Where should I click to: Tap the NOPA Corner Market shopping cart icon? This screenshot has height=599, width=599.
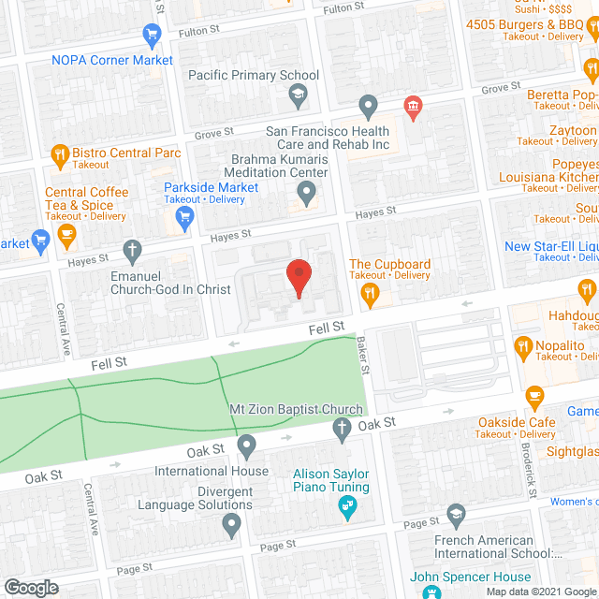point(152,37)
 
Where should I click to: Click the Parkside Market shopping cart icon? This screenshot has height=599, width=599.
point(185,219)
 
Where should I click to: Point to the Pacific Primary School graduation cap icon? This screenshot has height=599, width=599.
point(298,93)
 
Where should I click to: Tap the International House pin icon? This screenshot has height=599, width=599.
point(246,444)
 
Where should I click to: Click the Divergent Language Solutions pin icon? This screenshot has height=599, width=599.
point(232,526)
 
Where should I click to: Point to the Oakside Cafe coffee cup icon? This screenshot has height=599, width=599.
point(536,397)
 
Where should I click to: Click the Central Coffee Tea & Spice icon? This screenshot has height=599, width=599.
point(66,237)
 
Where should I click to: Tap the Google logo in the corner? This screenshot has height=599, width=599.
point(30,587)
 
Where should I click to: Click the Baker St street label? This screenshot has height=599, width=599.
point(364,353)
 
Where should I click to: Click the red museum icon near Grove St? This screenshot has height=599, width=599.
point(413,108)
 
